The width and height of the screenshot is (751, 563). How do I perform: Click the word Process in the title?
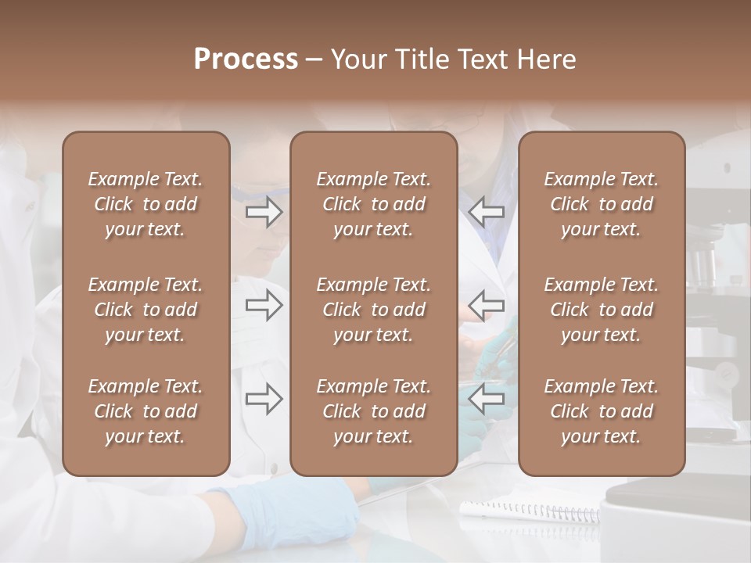pyautogui.click(x=246, y=59)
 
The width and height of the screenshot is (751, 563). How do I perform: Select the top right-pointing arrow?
pyautogui.click(x=264, y=212)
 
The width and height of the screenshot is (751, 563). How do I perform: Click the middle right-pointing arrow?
pyautogui.click(x=264, y=305)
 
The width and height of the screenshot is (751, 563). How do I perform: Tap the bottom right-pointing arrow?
pyautogui.click(x=264, y=399)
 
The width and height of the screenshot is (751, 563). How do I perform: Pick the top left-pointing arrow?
pyautogui.click(x=486, y=212)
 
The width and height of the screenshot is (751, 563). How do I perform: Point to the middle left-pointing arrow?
pyautogui.click(x=486, y=305)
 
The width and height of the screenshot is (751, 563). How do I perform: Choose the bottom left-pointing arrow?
pyautogui.click(x=486, y=399)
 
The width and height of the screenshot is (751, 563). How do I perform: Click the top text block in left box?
pyautogui.click(x=146, y=204)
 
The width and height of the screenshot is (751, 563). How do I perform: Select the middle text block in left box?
pyautogui.click(x=146, y=310)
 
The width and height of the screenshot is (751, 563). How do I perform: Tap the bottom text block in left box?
pyautogui.click(x=146, y=411)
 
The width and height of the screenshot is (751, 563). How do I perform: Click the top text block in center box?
pyautogui.click(x=374, y=204)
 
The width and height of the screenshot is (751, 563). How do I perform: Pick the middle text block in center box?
pyautogui.click(x=374, y=310)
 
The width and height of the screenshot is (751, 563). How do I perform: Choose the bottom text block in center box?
pyautogui.click(x=374, y=411)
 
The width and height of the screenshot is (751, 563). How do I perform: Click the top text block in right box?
pyautogui.click(x=602, y=204)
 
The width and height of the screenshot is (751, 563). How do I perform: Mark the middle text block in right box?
pyautogui.click(x=602, y=310)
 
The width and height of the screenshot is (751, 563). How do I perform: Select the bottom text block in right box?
pyautogui.click(x=602, y=411)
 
